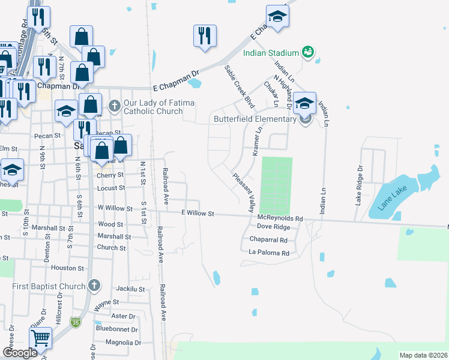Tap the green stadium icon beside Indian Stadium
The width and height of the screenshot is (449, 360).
(307, 52)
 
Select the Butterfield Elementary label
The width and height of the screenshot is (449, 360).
(255, 119)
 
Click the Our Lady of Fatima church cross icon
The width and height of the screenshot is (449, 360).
(113, 107)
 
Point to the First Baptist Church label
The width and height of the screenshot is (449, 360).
(49, 286)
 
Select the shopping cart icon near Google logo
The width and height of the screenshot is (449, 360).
(40, 338)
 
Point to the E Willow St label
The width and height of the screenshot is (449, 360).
(197, 213)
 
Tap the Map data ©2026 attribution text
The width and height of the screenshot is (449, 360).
(423, 355)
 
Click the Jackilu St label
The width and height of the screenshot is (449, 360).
(131, 289)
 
